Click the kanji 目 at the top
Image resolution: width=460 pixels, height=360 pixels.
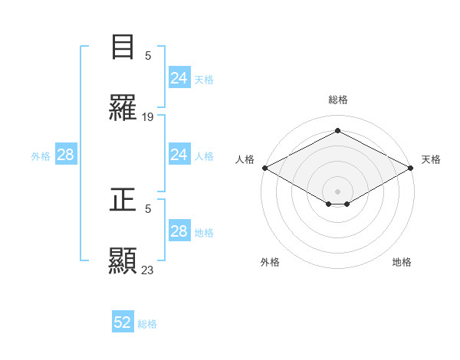pos(123,47)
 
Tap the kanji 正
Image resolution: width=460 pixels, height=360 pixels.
pos(123,199)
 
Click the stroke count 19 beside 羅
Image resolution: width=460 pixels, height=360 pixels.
pos(148,117)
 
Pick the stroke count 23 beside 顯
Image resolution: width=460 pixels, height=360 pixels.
pos(148,270)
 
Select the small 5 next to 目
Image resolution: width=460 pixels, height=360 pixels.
pos(148,55)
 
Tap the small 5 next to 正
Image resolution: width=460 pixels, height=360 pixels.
pos(148,208)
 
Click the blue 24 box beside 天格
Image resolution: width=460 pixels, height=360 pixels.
pos(179,78)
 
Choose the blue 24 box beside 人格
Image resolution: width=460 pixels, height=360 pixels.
pos(179,155)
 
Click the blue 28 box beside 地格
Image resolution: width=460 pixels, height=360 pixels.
pos(179,231)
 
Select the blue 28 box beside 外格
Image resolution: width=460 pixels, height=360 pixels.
pos(65,155)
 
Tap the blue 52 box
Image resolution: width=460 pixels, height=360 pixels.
pos(123,322)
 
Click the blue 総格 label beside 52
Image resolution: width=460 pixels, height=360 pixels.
pos(147,324)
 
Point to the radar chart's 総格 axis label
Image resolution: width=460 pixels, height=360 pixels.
pos(337,100)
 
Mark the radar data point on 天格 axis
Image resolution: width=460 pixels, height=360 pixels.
pos(411,168)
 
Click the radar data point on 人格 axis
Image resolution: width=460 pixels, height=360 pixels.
pos(264,168)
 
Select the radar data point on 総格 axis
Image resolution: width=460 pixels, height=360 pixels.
pos(337,131)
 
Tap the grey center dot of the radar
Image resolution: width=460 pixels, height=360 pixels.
pos(337,191)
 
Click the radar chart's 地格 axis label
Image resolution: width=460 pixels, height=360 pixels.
pos(402,262)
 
